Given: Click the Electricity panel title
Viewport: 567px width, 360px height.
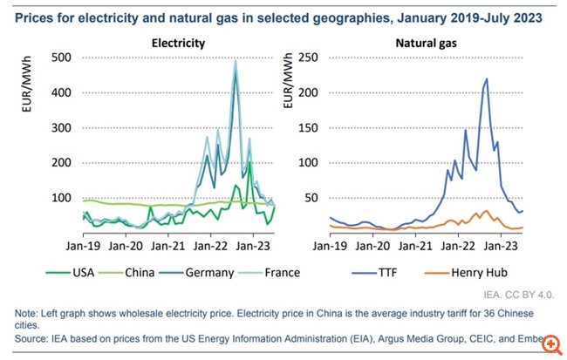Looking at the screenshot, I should pos(179,41).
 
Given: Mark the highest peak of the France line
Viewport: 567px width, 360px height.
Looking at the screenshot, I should pos(236,60).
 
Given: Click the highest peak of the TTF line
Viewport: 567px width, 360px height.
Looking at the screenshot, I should pos(486,79).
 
